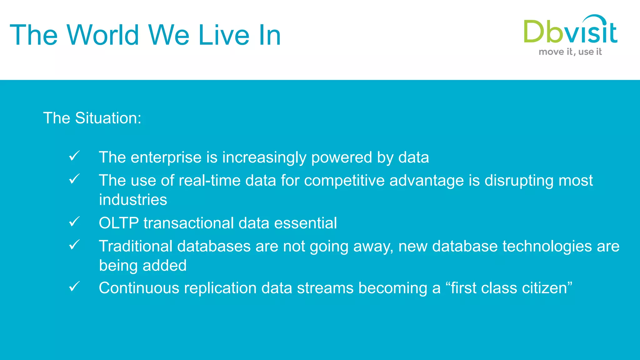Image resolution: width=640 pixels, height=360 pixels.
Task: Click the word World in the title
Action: pyautogui.click(x=103, y=35)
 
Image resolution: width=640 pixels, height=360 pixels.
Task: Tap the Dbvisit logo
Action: pyautogui.click(x=570, y=31)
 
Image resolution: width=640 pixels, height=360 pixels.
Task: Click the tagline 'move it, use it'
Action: pyautogui.click(x=570, y=52)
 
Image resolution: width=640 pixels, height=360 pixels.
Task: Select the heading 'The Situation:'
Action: pyautogui.click(x=92, y=118)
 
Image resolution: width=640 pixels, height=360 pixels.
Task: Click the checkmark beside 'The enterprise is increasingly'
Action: pyautogui.click(x=74, y=156)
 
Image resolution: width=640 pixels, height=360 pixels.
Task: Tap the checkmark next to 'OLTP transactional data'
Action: pyautogui.click(x=74, y=222)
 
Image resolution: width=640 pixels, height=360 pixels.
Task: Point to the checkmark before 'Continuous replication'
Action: pyautogui.click(x=74, y=286)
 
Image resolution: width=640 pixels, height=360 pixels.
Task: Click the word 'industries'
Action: pyautogui.click(x=133, y=200)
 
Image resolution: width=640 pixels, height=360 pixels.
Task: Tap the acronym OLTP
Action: pyautogui.click(x=119, y=223)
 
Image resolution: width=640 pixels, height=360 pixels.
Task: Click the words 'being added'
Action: pyautogui.click(x=143, y=266)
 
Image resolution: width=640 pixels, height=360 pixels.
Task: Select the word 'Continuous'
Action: pyautogui.click(x=139, y=288)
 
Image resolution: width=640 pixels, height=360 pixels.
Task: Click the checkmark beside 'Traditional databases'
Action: pyautogui.click(x=74, y=245)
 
